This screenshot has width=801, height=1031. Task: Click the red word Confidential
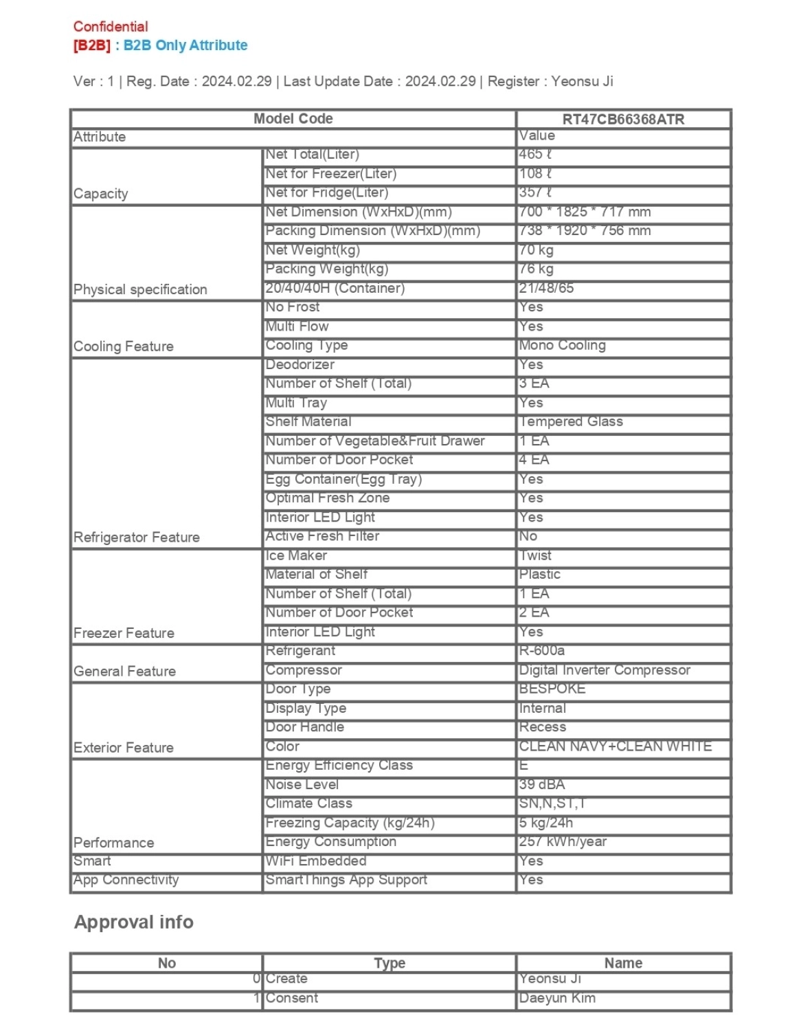111,27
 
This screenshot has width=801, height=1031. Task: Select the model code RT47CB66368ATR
622,119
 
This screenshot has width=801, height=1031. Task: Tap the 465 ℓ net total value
536,155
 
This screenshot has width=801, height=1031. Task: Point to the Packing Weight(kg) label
326,269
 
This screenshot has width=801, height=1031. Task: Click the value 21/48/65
546,288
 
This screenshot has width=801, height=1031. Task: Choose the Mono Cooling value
562,345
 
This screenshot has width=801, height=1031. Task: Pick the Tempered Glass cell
571,421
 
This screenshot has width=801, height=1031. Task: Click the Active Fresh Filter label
322,536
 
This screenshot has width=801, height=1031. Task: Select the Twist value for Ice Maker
535,555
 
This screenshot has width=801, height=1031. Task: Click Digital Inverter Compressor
605,669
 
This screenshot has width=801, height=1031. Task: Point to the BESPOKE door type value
552,689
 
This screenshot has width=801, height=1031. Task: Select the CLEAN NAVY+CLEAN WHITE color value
615,746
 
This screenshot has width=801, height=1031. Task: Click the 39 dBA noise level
542,784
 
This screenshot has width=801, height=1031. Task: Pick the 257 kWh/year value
563,841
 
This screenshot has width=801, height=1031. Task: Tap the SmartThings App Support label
346,880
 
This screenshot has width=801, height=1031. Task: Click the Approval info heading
134,922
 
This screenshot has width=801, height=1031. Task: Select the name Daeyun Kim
557,998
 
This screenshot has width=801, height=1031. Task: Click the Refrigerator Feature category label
137,537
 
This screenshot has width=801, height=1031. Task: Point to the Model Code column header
293,118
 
